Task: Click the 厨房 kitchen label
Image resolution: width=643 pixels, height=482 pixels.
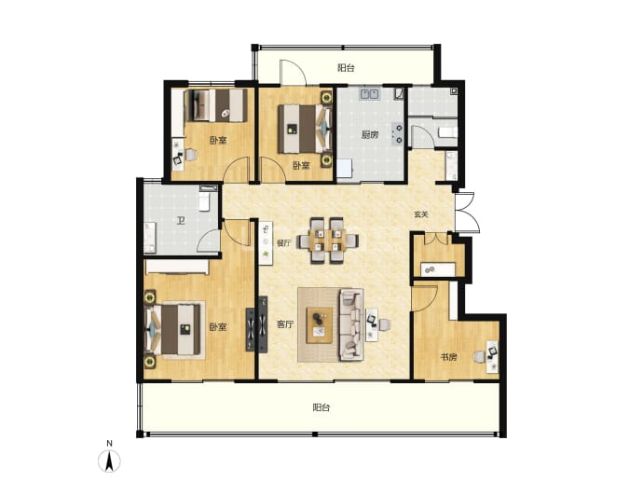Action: (x=370, y=134)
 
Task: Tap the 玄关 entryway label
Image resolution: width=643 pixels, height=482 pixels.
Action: (x=420, y=214)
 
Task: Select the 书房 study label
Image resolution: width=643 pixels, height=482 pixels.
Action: (x=448, y=357)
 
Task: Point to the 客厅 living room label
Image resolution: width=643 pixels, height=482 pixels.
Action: (x=285, y=324)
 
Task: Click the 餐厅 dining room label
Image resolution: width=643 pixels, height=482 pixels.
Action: (x=283, y=242)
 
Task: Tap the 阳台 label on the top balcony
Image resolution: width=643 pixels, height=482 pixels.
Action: (x=346, y=68)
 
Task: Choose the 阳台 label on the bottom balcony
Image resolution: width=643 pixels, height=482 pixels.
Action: (x=321, y=407)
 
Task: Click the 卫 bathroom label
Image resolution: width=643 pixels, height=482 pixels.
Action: (x=181, y=221)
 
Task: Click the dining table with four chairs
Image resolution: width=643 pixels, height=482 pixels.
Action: (x=328, y=240)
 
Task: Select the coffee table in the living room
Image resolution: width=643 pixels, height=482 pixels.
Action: (x=320, y=324)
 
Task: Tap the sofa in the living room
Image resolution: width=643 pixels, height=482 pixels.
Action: (x=351, y=324)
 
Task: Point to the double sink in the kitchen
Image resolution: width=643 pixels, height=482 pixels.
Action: (x=369, y=94)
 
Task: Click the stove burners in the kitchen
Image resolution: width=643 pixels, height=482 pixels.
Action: (x=397, y=134)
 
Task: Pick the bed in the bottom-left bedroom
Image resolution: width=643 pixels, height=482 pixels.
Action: (x=175, y=329)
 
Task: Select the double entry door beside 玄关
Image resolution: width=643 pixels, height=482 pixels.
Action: (x=467, y=213)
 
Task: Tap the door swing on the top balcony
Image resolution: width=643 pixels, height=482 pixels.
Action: (x=293, y=73)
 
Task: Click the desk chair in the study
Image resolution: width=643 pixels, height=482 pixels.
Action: (x=479, y=356)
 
